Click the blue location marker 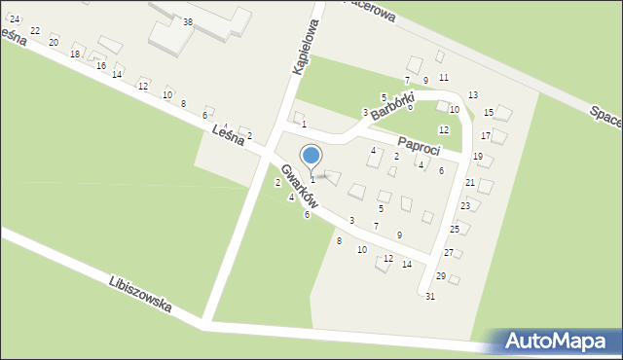click(311, 156)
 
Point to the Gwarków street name click(298, 183)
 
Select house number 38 click(188, 21)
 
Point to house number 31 click(429, 296)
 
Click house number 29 click(440, 276)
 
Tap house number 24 click(15, 19)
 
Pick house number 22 click(35, 31)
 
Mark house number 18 click(75, 54)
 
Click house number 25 click(455, 229)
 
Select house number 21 click(470, 182)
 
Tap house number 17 click(486, 135)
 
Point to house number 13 click(473, 94)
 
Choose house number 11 click(443, 77)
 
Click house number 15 click(489, 113)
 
